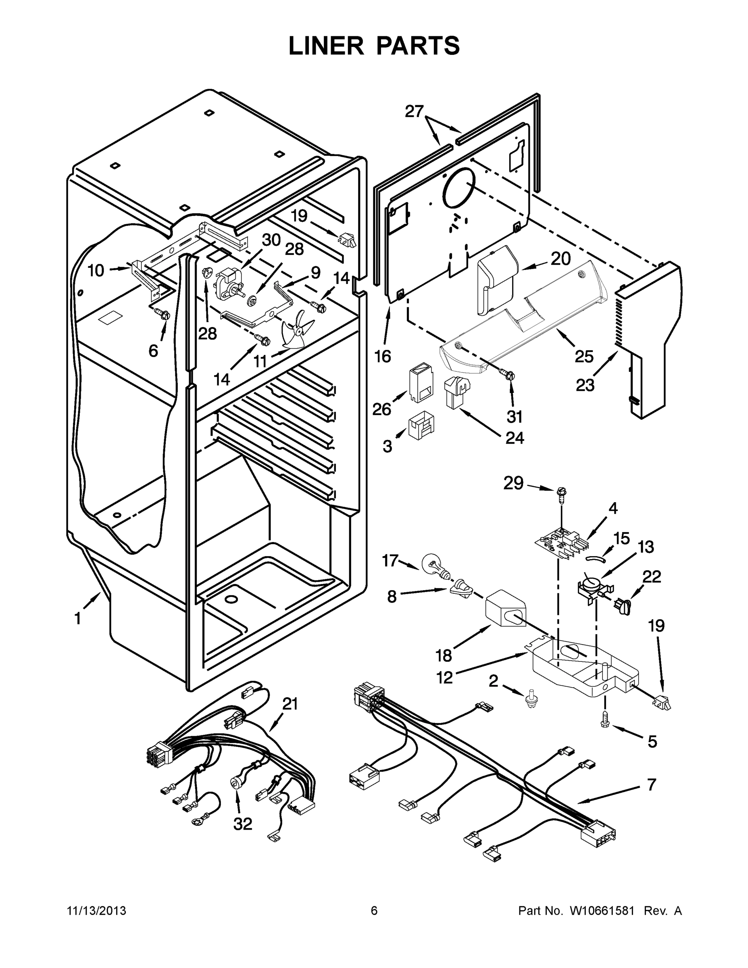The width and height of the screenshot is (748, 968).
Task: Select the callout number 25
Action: tap(583, 356)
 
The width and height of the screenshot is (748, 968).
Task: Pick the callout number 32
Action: tap(242, 824)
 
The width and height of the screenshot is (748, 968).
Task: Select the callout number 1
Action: tap(77, 618)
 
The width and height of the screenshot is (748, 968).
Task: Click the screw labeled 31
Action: tap(508, 373)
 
